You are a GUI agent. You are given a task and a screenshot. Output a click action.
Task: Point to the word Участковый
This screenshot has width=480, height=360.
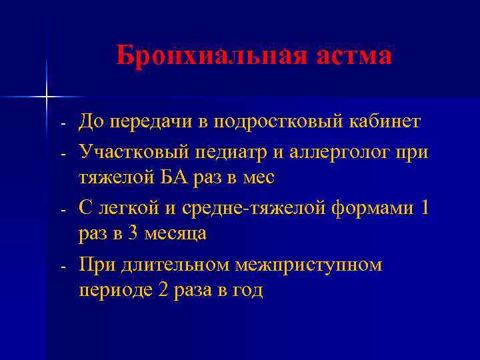(133, 151)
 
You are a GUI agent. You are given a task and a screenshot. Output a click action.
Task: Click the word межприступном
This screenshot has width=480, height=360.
(309, 264)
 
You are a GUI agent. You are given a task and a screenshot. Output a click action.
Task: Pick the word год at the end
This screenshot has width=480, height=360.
(247, 291)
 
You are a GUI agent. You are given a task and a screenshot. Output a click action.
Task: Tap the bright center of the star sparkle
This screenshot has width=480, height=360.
(47, 97)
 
